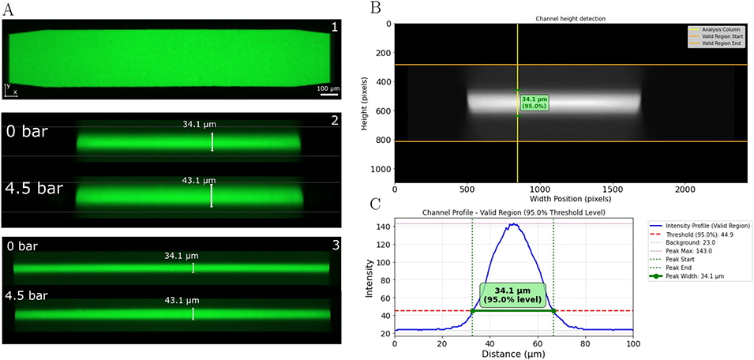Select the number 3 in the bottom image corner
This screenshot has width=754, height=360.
pyautogui.click(x=335, y=246)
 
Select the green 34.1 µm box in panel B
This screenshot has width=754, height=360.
pyautogui.click(x=535, y=103)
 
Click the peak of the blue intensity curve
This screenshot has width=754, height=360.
pyautogui.click(x=514, y=223)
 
